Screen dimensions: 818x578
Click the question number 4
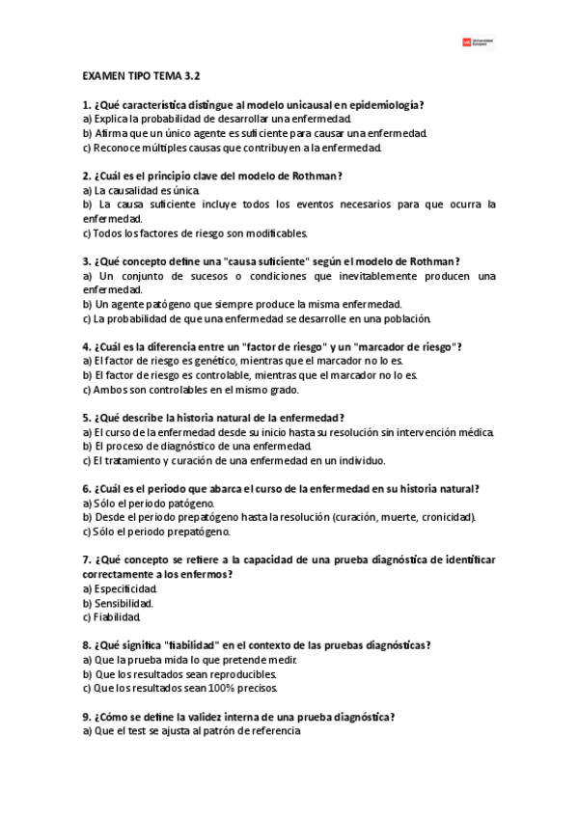tap(87, 346)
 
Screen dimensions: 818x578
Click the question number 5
tap(87, 418)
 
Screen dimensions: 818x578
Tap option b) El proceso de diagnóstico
tap(197, 447)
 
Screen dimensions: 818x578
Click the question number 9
tap(87, 717)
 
